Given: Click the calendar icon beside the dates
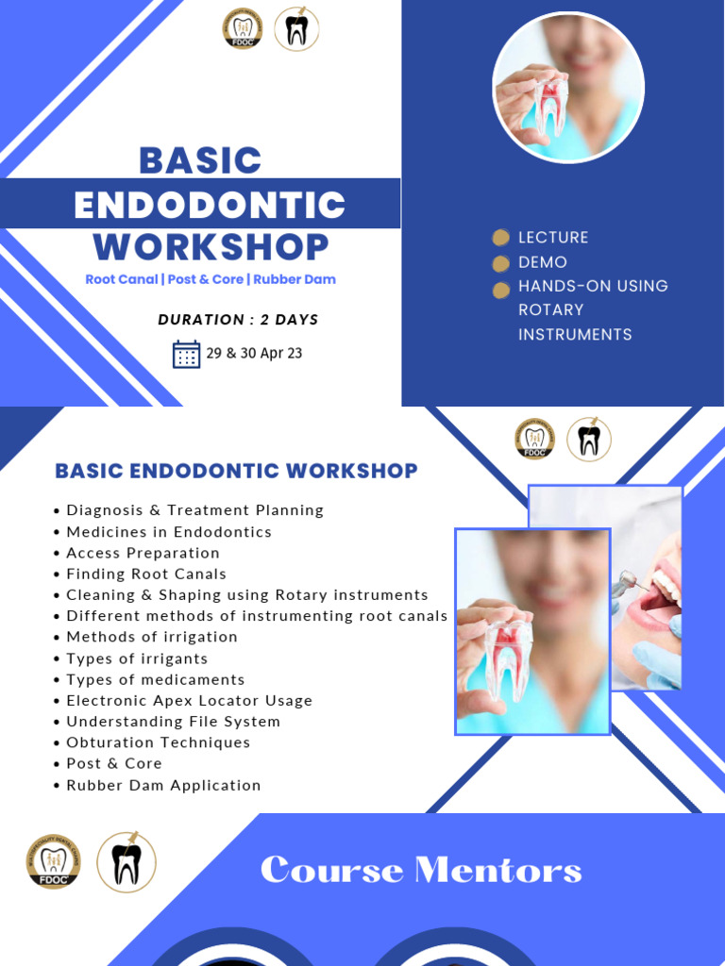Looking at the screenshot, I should click(186, 354).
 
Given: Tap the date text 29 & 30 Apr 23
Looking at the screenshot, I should click(254, 354).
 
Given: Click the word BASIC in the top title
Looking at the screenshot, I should click(200, 160).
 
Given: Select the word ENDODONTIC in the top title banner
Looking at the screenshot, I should click(210, 205).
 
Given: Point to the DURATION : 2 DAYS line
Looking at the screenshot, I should click(238, 320).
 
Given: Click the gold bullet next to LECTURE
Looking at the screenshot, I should click(501, 238).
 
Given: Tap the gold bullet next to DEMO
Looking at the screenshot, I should click(501, 262).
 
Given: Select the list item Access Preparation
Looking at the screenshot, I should click(143, 553).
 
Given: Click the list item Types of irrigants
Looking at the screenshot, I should click(137, 658).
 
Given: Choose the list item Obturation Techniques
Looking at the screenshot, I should click(158, 742).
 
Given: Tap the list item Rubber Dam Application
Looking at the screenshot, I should click(163, 785).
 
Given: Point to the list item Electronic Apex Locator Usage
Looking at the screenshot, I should click(189, 700).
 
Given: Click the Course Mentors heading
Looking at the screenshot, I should click(421, 870).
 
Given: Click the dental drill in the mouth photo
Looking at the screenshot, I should click(628, 583).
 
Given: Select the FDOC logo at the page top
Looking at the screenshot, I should click(243, 29).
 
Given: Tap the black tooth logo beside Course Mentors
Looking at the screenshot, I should click(126, 862).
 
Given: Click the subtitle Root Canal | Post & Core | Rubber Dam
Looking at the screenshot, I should click(211, 279).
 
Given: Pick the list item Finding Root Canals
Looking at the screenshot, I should click(146, 574).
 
